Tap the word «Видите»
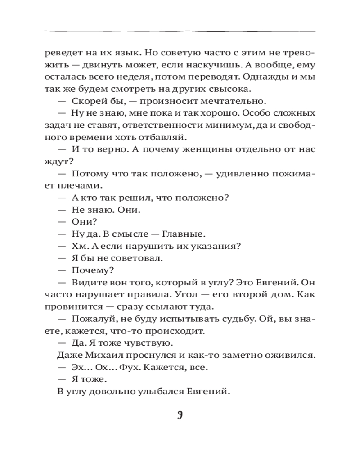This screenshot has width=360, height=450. click(87, 282)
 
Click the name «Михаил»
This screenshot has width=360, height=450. click(102, 355)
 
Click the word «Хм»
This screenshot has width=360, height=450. click(78, 246)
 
